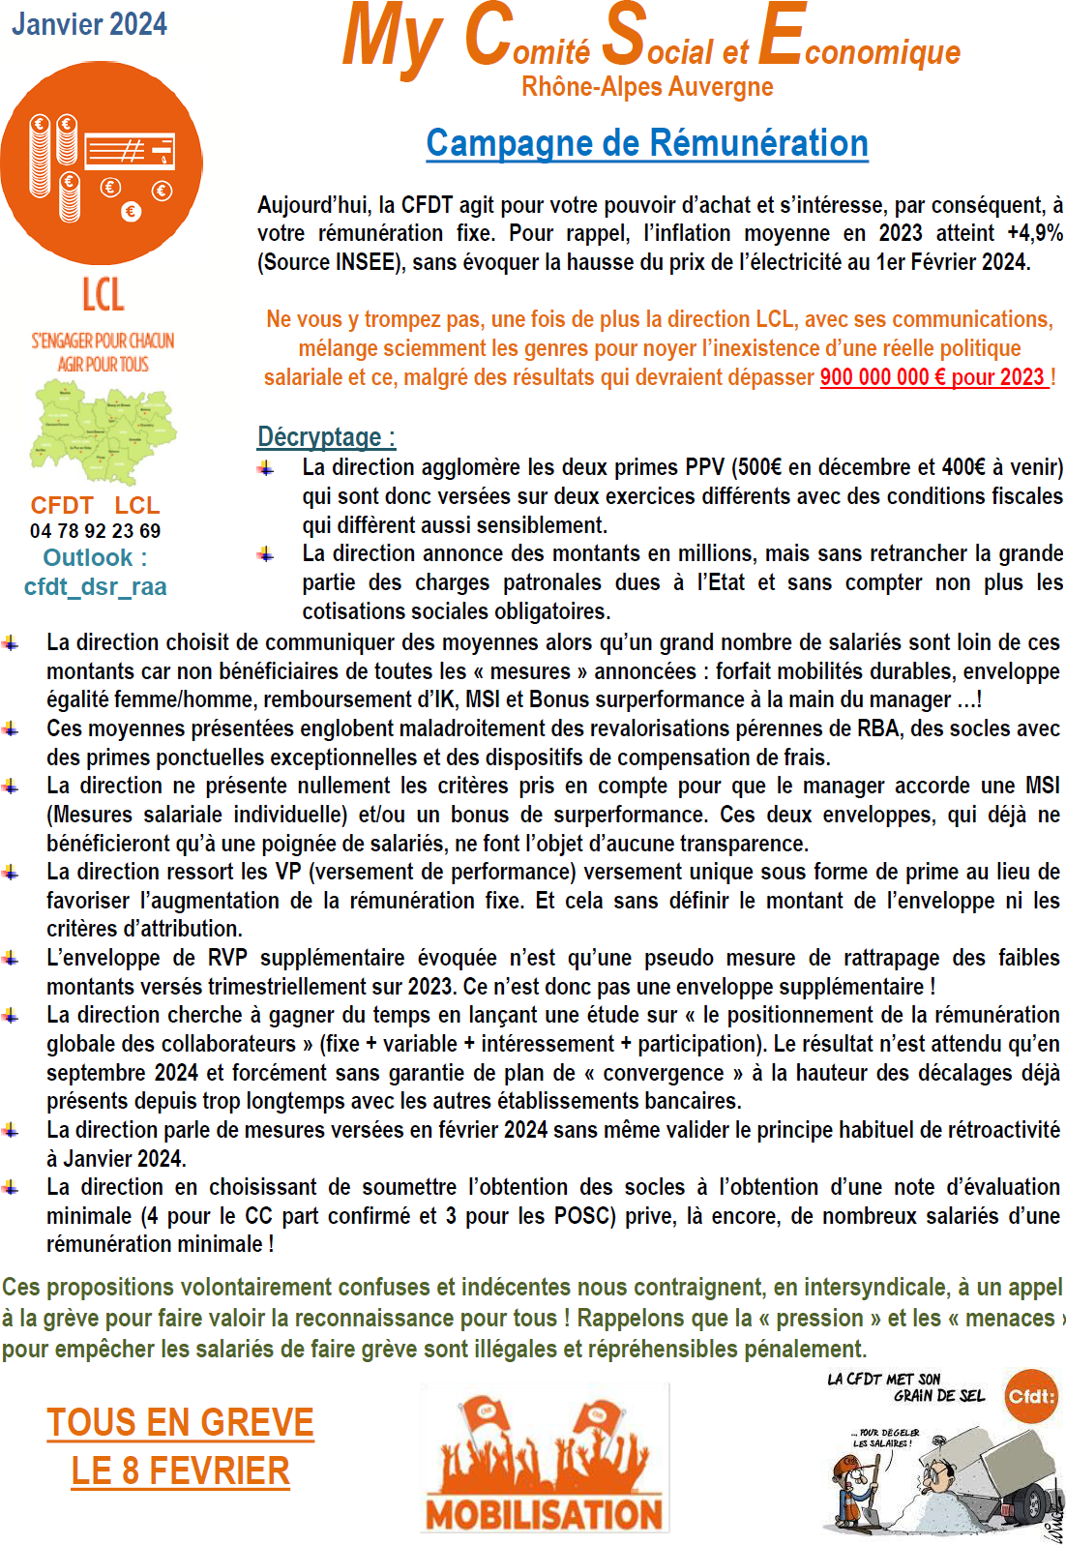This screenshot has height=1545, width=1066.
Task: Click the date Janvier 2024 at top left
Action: tap(89, 23)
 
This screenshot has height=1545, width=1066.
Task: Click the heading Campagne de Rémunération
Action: tap(647, 143)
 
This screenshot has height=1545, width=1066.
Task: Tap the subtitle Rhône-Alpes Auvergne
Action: tap(647, 87)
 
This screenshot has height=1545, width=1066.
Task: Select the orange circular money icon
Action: tap(102, 163)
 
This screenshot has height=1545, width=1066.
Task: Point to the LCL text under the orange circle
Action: tap(103, 295)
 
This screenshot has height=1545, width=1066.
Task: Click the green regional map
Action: tap(104, 431)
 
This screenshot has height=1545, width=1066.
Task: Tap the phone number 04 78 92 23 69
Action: tap(96, 530)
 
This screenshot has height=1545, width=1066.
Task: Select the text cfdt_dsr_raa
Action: tap(96, 586)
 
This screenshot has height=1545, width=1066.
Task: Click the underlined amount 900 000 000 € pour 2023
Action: tap(933, 377)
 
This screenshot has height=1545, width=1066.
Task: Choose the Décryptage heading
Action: tap(326, 437)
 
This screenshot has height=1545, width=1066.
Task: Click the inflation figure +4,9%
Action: tap(1034, 233)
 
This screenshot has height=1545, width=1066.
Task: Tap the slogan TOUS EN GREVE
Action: tap(181, 1422)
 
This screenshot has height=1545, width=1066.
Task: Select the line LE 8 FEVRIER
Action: tap(181, 1471)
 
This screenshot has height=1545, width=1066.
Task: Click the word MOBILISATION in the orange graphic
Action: tap(544, 1514)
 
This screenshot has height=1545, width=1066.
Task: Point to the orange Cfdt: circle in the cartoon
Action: tap(1031, 1396)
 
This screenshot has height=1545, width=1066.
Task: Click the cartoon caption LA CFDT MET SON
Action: tap(884, 1379)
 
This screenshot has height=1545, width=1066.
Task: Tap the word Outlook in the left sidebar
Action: tap(88, 558)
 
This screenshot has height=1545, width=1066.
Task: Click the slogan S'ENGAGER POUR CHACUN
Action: tap(103, 341)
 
